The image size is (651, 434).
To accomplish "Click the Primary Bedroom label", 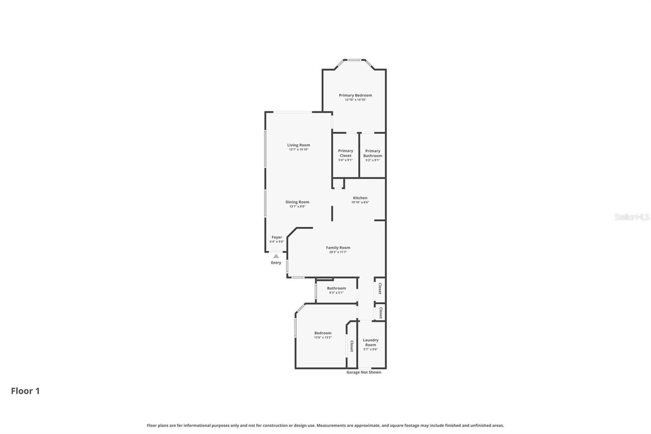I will pos(355,95).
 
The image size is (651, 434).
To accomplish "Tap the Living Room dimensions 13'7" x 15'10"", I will pos(299,149).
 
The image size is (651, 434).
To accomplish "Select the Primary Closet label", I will pos(345,153).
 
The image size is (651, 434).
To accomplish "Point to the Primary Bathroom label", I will pos(373,153).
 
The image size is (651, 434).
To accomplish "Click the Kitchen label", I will pos(360,198).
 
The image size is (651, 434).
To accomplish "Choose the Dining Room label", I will pos(297,202).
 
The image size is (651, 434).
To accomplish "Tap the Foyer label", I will pos(277,237).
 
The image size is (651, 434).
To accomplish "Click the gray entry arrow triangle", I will pos(276,256).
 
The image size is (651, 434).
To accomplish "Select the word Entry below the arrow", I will pos(276,263).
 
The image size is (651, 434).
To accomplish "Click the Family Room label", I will pos(338,248).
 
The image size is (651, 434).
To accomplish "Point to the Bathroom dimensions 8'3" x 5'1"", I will pos(336,293).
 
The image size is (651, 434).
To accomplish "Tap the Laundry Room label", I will pos(370,342).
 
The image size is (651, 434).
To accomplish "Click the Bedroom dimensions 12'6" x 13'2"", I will pos(323,338).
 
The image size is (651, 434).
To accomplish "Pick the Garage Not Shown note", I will pos(364,372).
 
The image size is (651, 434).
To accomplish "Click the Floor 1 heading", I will pos(25,391).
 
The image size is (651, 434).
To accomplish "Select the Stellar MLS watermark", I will pos(631,217).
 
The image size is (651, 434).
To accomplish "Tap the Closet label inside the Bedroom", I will pos(352,346).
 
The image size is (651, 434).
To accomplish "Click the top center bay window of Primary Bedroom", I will pos(354,60).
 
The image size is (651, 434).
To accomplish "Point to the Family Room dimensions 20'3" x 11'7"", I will pos(338,252).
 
